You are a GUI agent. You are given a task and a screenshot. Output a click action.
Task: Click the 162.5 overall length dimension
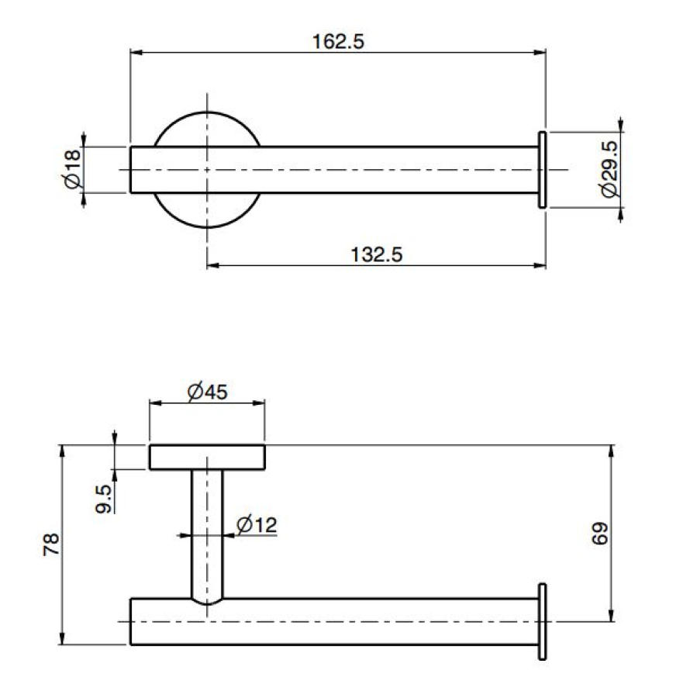(338, 41)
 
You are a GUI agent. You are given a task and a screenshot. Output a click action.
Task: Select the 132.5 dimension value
(377, 254)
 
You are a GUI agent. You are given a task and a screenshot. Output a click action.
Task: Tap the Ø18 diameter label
(72, 170)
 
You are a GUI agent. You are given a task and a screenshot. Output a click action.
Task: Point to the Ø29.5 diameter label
(609, 169)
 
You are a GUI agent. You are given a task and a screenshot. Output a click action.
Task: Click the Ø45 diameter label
(207, 392)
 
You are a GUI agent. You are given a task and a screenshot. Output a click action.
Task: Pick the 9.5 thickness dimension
(104, 499)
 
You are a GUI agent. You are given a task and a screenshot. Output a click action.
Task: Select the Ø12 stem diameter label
(257, 524)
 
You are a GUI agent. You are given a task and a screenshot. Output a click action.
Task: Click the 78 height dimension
(51, 544)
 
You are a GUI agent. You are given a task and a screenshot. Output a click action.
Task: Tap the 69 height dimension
(600, 534)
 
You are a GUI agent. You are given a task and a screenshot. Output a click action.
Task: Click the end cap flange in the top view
(543, 170)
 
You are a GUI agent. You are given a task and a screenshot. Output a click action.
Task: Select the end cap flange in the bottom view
(543, 621)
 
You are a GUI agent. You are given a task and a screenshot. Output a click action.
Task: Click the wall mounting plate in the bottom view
(207, 457)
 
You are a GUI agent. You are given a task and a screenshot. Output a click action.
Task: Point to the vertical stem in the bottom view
(207, 534)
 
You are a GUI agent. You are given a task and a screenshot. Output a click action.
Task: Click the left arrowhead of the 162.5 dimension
(135, 53)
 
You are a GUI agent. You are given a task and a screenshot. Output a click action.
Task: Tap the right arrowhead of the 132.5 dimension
(540, 266)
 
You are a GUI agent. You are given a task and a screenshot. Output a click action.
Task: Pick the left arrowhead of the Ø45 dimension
(155, 403)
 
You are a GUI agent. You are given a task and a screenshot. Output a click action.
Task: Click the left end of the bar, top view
(130, 170)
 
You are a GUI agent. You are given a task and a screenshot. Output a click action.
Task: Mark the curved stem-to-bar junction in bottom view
(207, 601)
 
